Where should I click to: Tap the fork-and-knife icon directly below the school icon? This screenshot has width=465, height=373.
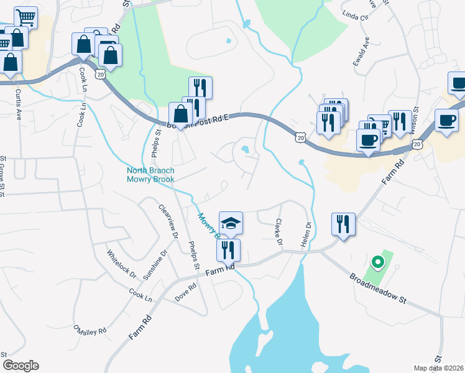228,250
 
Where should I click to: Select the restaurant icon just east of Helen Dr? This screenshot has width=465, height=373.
343,225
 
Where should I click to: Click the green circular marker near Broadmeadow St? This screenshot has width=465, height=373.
375,262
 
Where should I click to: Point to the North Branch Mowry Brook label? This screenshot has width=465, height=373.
150,175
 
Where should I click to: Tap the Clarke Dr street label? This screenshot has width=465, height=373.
279,231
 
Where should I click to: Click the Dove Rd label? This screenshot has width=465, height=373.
185,292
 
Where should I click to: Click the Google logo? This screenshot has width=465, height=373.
21,366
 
